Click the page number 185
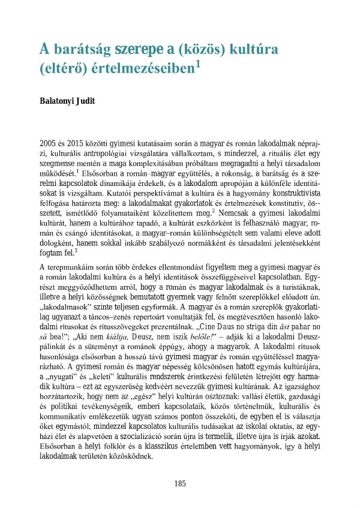point(180,483)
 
